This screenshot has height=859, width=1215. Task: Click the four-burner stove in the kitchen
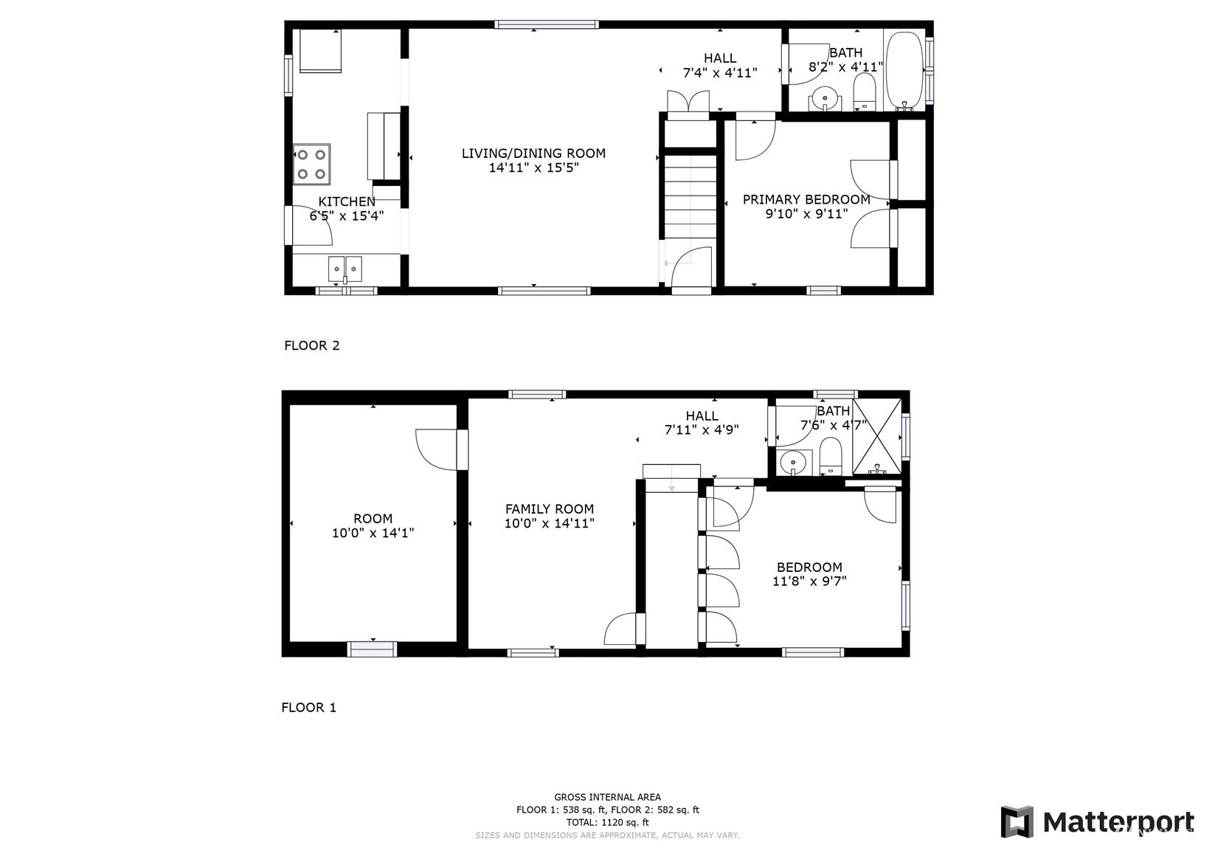pyautogui.click(x=311, y=164)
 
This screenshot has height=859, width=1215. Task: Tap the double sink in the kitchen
pyautogui.click(x=345, y=269)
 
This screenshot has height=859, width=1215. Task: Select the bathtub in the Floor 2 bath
pyautogui.click(x=904, y=70)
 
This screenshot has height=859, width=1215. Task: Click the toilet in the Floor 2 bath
pyautogui.click(x=865, y=92)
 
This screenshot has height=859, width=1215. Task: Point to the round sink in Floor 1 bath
pyautogui.click(x=793, y=463)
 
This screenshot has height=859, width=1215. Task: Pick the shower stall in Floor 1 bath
pyautogui.click(x=877, y=437)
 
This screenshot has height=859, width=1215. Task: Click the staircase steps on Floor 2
pyautogui.click(x=690, y=196)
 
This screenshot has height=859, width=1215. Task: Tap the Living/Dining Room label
pyautogui.click(x=533, y=153)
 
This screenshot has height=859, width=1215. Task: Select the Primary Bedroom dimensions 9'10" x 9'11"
pyautogui.click(x=806, y=214)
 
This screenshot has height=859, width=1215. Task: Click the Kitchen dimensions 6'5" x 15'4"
pyautogui.click(x=347, y=216)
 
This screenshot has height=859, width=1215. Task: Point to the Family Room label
pyautogui.click(x=550, y=509)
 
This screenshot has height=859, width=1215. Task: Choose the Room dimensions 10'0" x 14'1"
pyautogui.click(x=373, y=533)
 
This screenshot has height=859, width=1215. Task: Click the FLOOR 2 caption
pyautogui.click(x=312, y=345)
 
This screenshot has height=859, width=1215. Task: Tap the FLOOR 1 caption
pyautogui.click(x=308, y=708)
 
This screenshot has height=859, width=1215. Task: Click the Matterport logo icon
pyautogui.click(x=1017, y=821)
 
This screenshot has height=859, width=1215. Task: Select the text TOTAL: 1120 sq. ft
pyautogui.click(x=608, y=823)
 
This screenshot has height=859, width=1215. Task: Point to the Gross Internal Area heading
pyautogui.click(x=608, y=797)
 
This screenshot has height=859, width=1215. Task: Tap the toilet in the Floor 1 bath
pyautogui.click(x=830, y=456)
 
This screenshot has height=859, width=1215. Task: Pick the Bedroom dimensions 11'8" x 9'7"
pyautogui.click(x=809, y=582)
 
